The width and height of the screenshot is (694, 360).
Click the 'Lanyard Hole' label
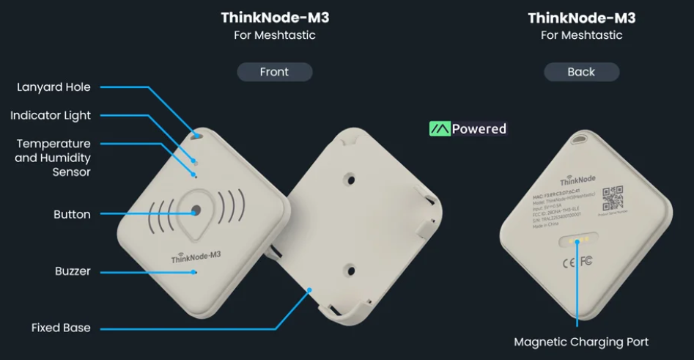pos(53,87)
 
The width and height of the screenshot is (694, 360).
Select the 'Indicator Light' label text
pos(51,115)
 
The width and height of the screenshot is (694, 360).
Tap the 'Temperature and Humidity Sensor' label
pos(53,158)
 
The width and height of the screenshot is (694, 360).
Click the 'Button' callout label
pos(72,214)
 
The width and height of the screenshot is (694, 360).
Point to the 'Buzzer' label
pos(73,271)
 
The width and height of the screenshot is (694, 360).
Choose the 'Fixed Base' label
pos(61,327)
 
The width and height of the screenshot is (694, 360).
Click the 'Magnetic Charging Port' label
pos(581,342)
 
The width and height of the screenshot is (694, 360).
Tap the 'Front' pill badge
pos(274,72)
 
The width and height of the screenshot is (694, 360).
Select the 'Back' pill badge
pos(581,72)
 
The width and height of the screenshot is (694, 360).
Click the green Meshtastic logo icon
pos(439,129)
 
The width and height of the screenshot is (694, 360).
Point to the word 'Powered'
pos(479,129)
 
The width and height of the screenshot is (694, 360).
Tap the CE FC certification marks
pos(577,261)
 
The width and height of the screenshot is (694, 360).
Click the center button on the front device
pos(196,210)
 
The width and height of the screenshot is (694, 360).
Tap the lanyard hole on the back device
pos(583,137)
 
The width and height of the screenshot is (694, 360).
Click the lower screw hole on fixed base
pos(350,269)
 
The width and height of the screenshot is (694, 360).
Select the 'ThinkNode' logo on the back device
pos(577,180)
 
